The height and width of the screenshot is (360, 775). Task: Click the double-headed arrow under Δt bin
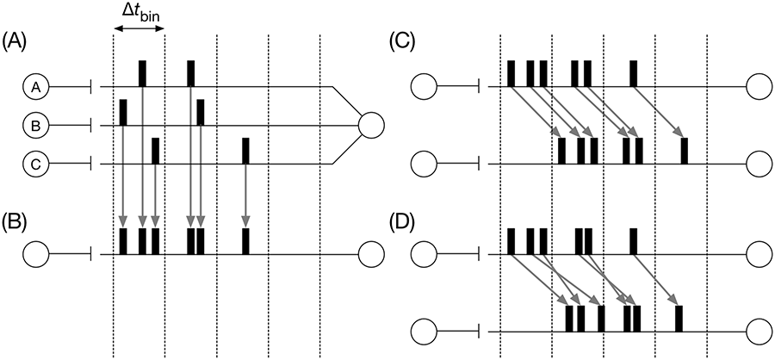point(139,28)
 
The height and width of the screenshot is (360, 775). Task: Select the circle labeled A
point(35,87)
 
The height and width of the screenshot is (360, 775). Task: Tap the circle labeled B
point(35,126)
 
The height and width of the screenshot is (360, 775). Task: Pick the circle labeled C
point(35,164)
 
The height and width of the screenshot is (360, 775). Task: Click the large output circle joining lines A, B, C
point(371,126)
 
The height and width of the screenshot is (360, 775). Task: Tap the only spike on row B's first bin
point(123,112)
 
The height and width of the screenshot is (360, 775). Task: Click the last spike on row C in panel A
point(245,151)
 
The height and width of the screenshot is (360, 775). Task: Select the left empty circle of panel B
point(35,255)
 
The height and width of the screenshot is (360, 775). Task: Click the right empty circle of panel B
point(371,255)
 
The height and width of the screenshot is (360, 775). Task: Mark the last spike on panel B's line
point(245,241)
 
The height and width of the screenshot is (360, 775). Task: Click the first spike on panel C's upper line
point(511,74)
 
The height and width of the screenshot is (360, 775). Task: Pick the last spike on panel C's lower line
point(685,151)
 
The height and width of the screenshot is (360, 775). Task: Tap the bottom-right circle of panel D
point(759,332)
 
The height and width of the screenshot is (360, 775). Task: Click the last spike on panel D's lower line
point(679,319)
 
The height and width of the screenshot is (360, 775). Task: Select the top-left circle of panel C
point(424,87)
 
